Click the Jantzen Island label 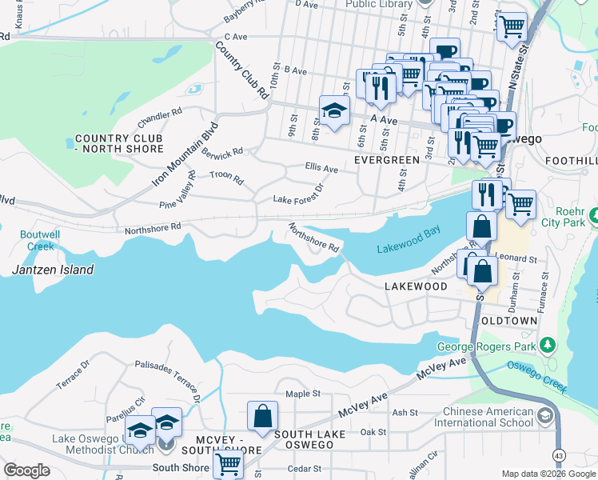click(x=53, y=270)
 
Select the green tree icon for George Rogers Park click(x=548, y=345)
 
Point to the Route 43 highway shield click(x=558, y=455)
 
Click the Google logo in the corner click(x=26, y=470)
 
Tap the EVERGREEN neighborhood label click(x=387, y=160)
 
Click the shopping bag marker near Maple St click(x=262, y=416)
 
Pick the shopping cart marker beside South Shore click(x=229, y=462)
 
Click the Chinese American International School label click(x=488, y=417)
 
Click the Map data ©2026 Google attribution click(x=549, y=474)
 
